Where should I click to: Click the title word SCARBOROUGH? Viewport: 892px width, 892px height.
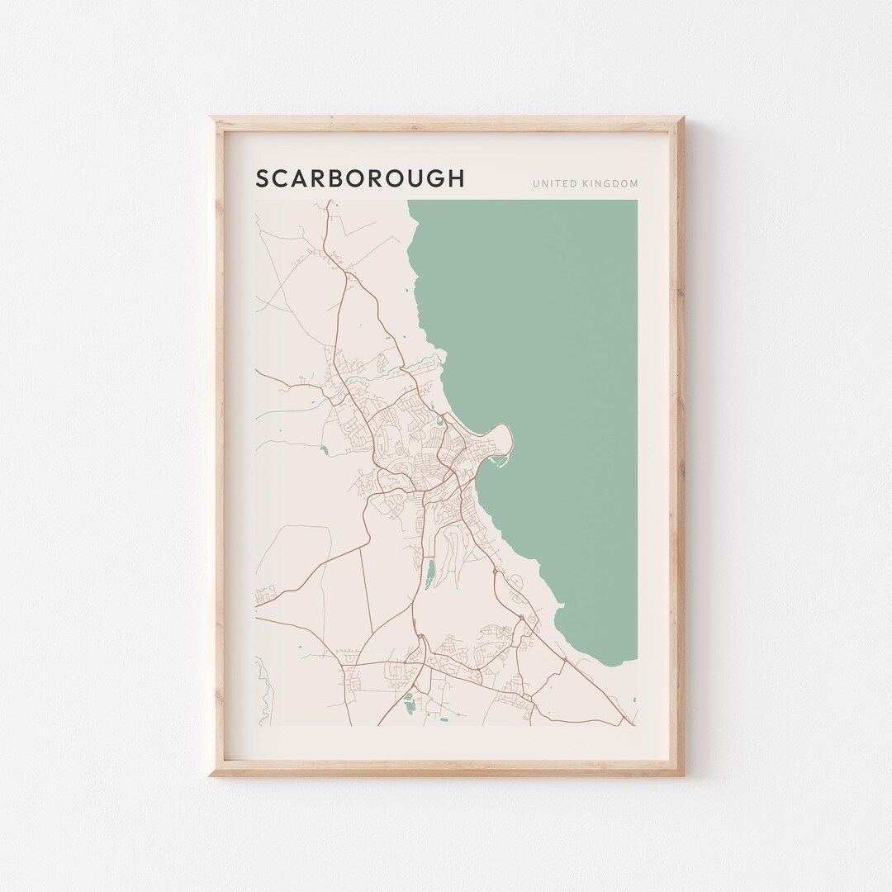point(360,178)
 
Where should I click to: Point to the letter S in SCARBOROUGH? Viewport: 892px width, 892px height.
point(262,178)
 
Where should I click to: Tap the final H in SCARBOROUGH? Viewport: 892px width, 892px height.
point(456,178)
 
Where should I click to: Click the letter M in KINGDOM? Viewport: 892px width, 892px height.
point(633,183)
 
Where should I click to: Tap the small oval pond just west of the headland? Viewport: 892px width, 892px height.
point(439,426)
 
